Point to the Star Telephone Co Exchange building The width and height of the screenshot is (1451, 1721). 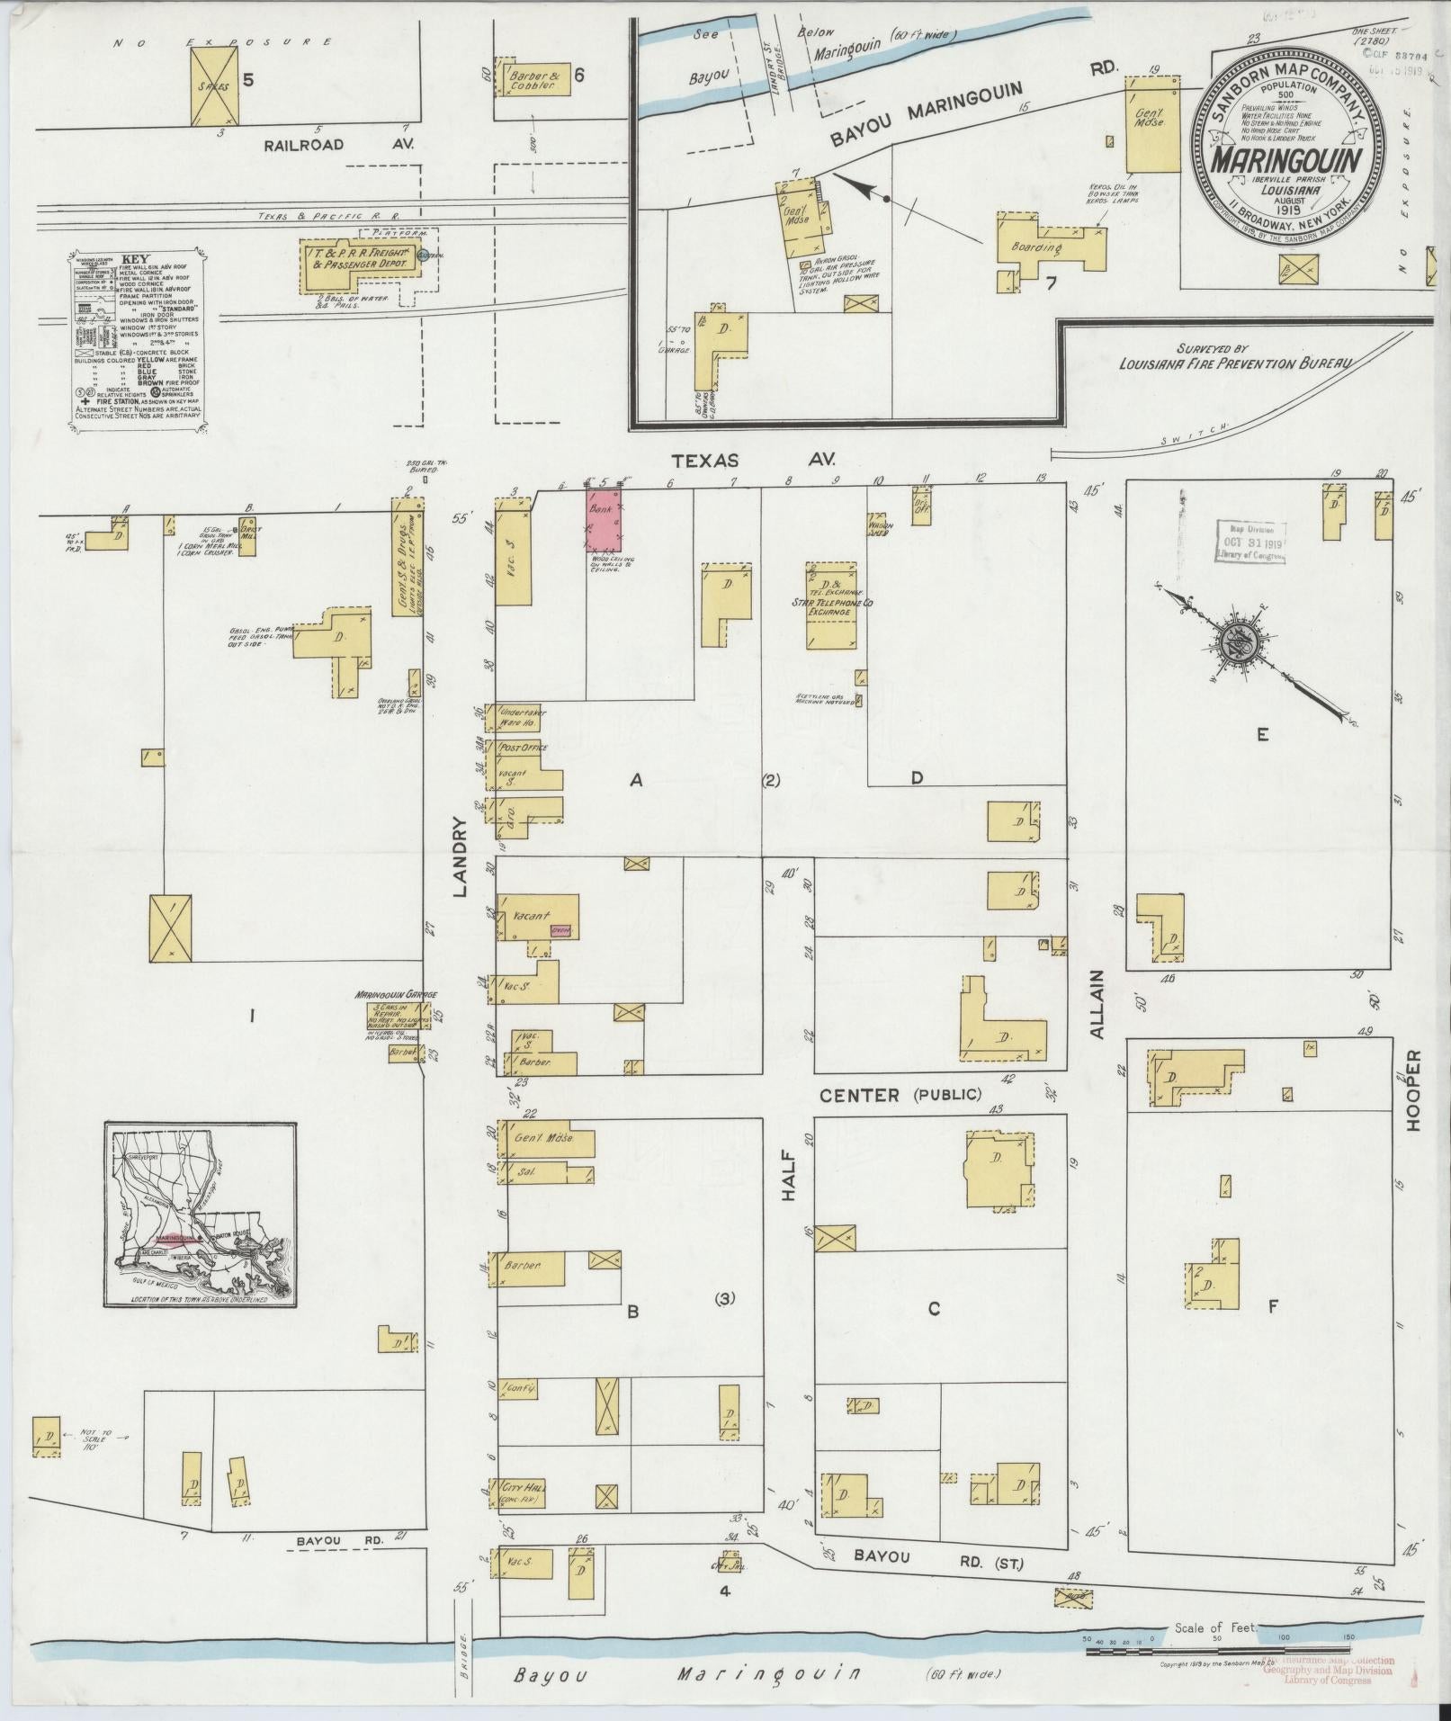(831, 605)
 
